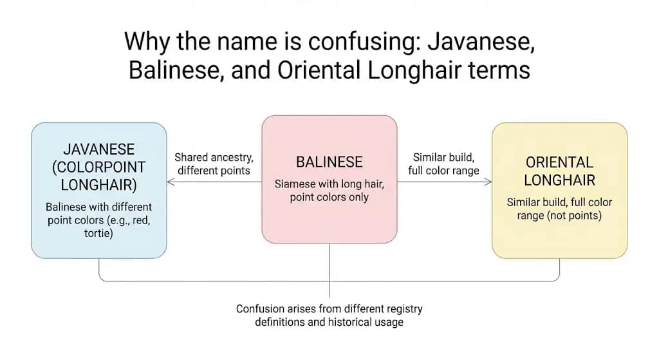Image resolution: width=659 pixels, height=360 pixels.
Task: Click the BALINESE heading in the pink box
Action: coord(329,162)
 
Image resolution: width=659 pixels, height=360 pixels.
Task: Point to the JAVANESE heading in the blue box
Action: coord(98,149)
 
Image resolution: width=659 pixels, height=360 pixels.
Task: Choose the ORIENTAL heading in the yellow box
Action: coord(559,162)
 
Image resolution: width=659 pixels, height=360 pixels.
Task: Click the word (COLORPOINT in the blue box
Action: coord(98,167)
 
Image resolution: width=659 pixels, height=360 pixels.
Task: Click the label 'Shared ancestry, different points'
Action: coord(213,164)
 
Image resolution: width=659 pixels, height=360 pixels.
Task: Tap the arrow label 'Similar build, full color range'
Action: coord(444,164)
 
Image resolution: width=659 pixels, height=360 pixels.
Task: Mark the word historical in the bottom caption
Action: coord(344,321)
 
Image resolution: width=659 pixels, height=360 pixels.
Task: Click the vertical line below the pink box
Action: coord(329,270)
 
